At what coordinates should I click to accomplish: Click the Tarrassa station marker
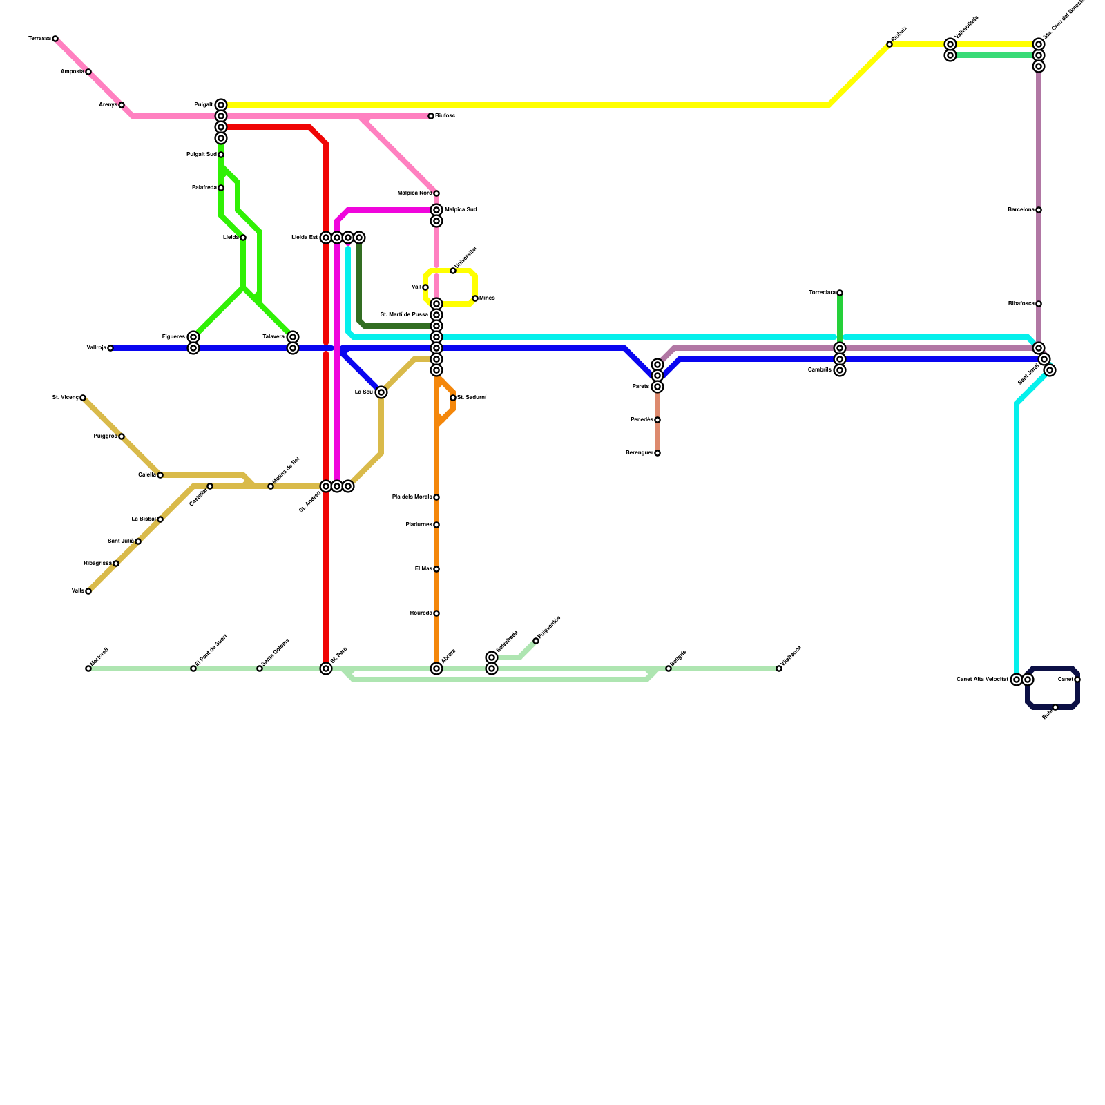coord(55,39)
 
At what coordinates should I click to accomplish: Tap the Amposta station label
coord(72,72)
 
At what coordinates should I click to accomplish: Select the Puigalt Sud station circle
coord(221,155)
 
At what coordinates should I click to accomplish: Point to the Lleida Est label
coord(305,238)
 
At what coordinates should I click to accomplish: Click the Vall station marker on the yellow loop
coord(425,287)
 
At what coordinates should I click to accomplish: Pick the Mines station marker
coord(475,298)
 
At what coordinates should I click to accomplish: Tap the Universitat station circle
coord(453,271)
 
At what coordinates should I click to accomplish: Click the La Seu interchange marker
coord(381,392)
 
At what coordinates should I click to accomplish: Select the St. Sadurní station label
coord(472,398)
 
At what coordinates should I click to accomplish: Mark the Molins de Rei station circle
coord(271,486)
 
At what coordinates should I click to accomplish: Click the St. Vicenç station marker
coord(83,398)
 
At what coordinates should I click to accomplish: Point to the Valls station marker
coord(88,591)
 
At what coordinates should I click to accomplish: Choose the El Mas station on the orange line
coord(436,569)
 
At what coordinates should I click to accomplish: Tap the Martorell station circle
coord(88,669)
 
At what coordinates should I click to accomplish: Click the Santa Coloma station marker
coord(260,669)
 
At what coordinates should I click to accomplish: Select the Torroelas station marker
coord(840,293)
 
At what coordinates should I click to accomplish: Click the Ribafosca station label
coord(1021,304)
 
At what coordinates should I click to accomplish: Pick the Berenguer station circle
coord(657,453)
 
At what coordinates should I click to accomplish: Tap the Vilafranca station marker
coord(779,669)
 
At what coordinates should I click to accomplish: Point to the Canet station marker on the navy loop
coord(1077,680)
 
